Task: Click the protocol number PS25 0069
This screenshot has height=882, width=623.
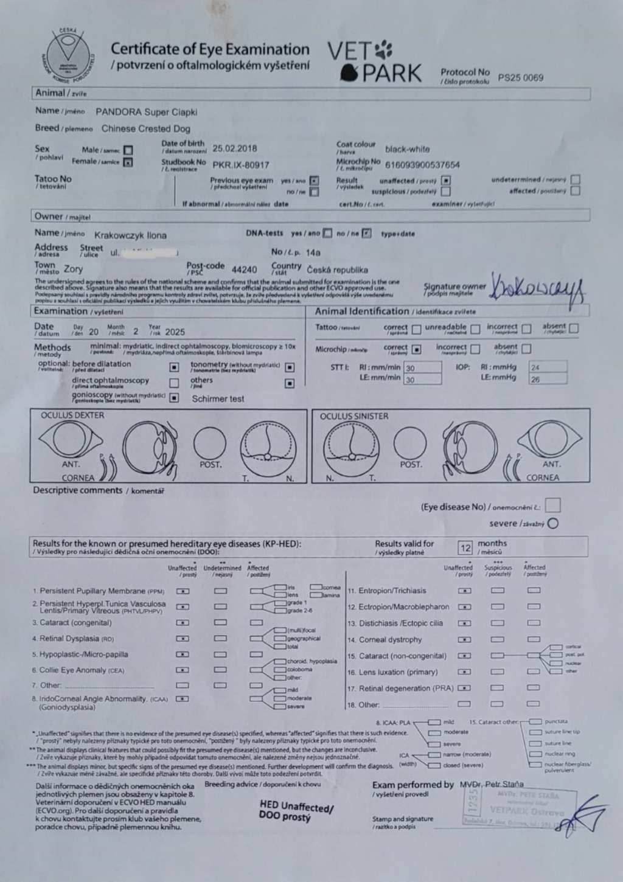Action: pyautogui.click(x=520, y=78)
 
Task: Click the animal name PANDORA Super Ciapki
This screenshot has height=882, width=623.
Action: pyautogui.click(x=146, y=112)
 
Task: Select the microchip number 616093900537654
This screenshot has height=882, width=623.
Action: pyautogui.click(x=422, y=165)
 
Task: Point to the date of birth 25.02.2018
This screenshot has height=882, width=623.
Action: pyautogui.click(x=235, y=148)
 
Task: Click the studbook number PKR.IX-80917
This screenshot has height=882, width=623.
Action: pyautogui.click(x=240, y=165)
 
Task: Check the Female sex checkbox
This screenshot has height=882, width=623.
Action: pyautogui.click(x=128, y=162)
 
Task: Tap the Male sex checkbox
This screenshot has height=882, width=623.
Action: pyautogui.click(x=128, y=150)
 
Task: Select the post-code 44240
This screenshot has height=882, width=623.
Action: pyautogui.click(x=245, y=269)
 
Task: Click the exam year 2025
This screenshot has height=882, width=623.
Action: pyautogui.click(x=175, y=332)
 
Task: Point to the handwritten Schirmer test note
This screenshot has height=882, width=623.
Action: pyautogui.click(x=218, y=399)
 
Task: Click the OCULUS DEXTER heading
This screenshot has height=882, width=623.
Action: pyautogui.click(x=72, y=415)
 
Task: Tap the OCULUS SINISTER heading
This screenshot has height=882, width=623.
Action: pyautogui.click(x=353, y=416)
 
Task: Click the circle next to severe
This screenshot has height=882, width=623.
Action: pyautogui.click(x=552, y=524)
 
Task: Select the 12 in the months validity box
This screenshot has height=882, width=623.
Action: pyautogui.click(x=465, y=547)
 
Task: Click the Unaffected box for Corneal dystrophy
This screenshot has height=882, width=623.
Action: pyautogui.click(x=465, y=639)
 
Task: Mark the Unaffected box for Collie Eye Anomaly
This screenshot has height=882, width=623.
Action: pyautogui.click(x=182, y=670)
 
